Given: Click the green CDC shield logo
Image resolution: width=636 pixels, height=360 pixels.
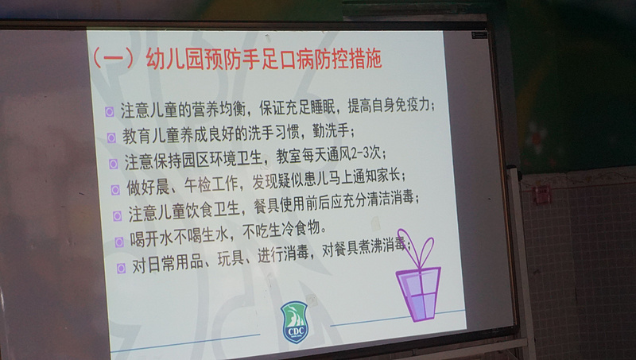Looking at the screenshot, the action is tap(294, 322).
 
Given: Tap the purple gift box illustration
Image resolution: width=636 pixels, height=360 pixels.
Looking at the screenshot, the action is tap(418, 293).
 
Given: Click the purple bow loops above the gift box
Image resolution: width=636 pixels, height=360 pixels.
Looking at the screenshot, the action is tap(416, 248).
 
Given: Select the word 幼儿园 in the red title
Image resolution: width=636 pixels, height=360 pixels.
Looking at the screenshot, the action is tap(173, 59).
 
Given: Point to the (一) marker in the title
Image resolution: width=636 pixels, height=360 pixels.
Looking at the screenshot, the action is tap(113, 59).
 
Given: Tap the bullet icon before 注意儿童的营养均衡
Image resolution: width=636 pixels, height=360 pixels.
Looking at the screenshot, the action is tap(109, 112).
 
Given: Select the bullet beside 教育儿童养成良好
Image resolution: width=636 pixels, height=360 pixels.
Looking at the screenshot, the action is tap(111, 137).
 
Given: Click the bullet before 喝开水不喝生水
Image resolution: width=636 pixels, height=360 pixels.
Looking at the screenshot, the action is tap(118, 242).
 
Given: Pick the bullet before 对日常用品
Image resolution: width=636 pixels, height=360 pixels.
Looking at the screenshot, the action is tap(121, 268).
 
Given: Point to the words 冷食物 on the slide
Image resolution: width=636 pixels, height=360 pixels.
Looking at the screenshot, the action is tap(301, 229).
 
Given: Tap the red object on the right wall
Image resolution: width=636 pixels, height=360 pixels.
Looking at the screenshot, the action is tap(541, 195).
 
